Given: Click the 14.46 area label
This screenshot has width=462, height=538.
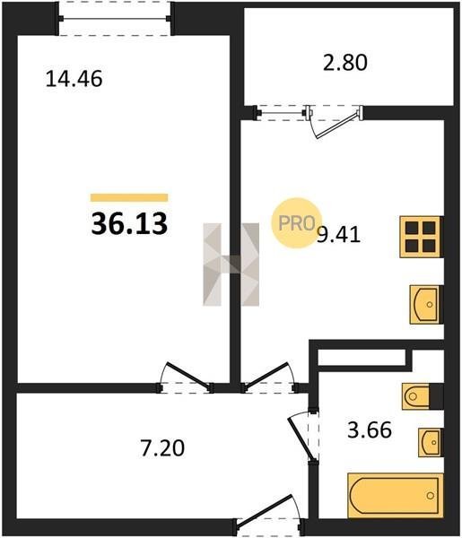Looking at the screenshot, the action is coord(74,79).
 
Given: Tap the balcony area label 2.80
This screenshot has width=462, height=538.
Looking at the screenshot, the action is coord(345,62).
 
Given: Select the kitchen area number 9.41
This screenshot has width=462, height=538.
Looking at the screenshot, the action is coord(339,235).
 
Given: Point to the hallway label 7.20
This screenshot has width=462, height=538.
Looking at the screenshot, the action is coord(162,447).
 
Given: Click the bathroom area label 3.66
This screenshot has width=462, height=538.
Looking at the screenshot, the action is coord(370,430).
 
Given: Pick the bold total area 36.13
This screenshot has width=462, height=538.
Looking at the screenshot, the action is coord(129,223).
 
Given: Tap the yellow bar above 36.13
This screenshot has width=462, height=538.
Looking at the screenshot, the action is coord(129,197).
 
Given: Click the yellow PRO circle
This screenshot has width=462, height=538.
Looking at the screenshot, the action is coord(297,223).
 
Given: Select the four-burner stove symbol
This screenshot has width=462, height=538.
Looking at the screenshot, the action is coord(420,237).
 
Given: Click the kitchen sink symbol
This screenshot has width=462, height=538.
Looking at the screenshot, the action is coord(424,304).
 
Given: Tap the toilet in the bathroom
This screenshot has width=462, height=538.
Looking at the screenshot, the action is coord(416,396).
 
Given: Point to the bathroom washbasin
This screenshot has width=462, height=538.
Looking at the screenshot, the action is coord(430,442).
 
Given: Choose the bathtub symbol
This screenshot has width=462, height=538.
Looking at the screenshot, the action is coord(395,496).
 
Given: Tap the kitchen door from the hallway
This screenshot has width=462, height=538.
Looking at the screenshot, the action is coord(266,376).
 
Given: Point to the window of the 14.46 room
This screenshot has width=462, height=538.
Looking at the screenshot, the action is coord(114,18).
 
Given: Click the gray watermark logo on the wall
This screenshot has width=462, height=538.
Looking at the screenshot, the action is coord(231,265).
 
